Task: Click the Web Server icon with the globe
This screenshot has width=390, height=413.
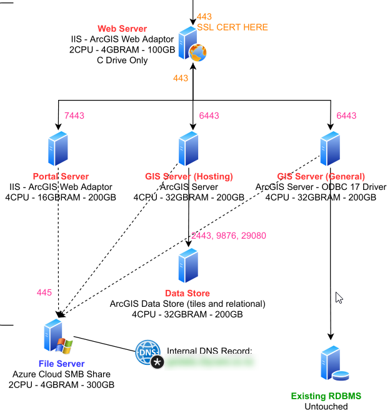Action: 193,44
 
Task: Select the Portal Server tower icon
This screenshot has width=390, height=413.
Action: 58,148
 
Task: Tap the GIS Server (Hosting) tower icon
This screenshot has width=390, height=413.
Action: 188,148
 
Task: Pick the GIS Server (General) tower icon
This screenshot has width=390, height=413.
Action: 329,149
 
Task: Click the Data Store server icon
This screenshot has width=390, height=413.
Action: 188,266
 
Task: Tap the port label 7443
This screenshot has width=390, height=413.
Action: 74,116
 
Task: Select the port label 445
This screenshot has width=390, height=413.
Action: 44,292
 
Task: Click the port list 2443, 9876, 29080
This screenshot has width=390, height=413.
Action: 228,236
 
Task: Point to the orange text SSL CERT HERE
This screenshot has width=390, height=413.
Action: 232,27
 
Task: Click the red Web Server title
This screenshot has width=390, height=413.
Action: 122,29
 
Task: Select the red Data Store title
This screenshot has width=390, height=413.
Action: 187,293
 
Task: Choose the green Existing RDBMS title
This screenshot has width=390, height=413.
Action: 326,396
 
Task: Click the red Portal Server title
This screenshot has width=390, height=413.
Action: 61,177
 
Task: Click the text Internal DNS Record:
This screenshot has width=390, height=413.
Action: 209,351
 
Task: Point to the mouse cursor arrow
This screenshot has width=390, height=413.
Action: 339,297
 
